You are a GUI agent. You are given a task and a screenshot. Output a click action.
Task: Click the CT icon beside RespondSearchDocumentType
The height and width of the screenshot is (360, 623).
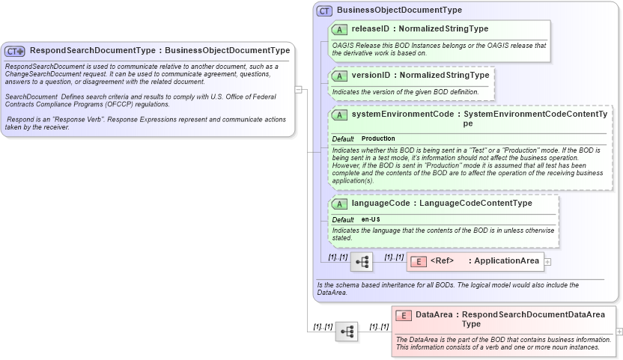(15, 51)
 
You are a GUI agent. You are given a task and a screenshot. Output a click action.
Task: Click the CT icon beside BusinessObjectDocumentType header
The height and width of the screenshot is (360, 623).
(324, 10)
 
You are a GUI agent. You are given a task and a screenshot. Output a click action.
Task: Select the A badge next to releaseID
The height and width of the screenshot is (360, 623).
(339, 29)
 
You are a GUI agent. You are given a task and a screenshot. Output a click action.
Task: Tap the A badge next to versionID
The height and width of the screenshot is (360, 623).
(339, 76)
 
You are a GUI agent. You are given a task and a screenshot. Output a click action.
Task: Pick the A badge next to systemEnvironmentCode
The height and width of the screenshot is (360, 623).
(339, 115)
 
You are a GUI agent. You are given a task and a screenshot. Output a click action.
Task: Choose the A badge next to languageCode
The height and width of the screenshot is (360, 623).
(339, 204)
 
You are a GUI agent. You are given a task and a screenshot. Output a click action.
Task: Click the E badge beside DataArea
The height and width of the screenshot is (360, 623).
(404, 315)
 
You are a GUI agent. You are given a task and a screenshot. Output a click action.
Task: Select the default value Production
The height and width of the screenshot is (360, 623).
(378, 138)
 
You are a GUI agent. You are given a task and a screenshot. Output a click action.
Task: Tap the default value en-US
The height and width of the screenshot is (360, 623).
(371, 219)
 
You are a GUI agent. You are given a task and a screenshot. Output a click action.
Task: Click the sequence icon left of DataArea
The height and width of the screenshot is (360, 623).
(347, 332)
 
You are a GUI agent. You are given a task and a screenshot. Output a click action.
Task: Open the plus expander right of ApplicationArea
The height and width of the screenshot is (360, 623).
(547, 262)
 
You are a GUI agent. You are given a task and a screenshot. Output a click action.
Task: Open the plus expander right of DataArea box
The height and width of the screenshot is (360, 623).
(619, 331)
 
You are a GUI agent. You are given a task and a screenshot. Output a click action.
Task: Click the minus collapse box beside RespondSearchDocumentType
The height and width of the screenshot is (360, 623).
(298, 90)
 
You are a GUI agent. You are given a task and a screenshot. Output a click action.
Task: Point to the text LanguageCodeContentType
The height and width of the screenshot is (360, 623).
(475, 204)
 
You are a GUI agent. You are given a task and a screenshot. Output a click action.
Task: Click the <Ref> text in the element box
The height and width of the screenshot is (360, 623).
(443, 261)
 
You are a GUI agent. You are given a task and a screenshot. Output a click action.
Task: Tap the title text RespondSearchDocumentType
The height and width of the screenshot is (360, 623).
(93, 51)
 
